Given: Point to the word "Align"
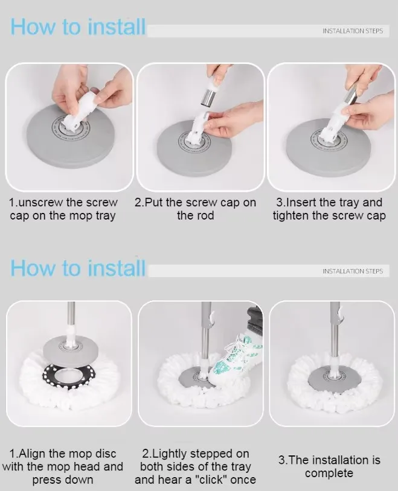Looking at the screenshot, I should point(39,454).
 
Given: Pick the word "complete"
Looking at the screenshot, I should point(329,474).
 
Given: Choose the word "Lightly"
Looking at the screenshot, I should point(176,454).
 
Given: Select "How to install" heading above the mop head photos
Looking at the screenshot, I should point(79,267).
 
